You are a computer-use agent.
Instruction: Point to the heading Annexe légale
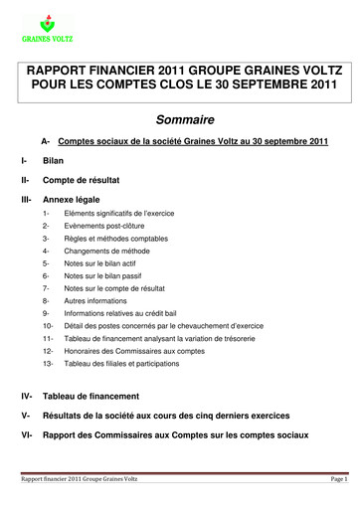73,199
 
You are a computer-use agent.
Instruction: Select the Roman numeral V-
25,416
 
